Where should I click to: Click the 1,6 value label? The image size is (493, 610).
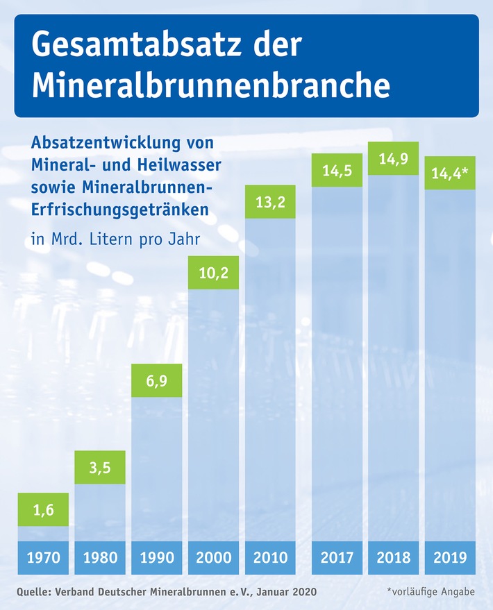[x=43, y=509]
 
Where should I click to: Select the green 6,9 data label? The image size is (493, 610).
[x=157, y=380]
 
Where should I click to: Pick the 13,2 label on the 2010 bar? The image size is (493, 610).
[x=271, y=202]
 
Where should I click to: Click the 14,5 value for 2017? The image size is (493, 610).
[x=337, y=171]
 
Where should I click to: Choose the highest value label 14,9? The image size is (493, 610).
[x=394, y=159]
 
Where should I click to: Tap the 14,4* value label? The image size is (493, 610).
[x=450, y=173]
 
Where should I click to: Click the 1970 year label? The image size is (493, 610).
[x=43, y=557]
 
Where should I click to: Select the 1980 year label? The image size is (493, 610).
[x=100, y=557]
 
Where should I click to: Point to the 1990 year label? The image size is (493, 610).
[x=157, y=557]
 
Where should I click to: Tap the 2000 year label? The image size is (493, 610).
[x=214, y=557]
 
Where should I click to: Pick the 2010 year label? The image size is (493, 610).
[x=271, y=557]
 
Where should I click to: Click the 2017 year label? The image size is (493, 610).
[x=337, y=557]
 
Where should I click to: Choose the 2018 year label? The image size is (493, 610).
[x=394, y=557]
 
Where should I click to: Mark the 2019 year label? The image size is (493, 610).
[x=450, y=557]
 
